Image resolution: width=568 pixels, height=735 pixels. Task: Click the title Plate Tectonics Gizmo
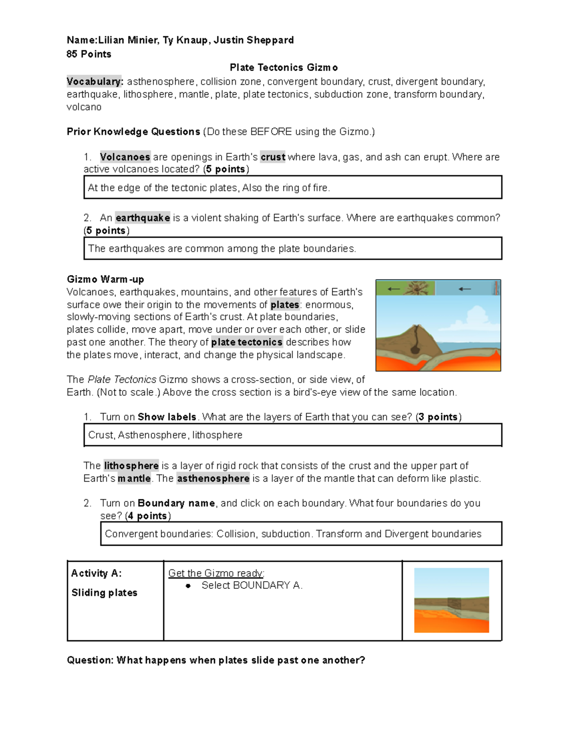284,68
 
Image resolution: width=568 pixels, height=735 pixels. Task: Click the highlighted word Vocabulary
95,81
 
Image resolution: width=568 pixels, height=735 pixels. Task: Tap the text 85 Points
89,54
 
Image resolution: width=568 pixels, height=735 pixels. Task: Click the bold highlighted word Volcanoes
125,157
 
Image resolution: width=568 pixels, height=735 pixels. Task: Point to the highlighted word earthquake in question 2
142,218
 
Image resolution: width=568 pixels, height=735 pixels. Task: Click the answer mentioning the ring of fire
209,188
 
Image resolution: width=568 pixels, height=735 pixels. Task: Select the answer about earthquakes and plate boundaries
222,248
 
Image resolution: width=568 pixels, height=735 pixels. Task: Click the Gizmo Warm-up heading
105,279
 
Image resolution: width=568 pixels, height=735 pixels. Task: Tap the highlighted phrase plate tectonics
247,342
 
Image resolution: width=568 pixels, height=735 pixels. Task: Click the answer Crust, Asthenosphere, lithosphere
165,435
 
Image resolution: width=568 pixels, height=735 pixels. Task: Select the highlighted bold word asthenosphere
213,478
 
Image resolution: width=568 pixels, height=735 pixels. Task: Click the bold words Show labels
167,417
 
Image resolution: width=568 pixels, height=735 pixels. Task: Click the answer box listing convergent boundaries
293,534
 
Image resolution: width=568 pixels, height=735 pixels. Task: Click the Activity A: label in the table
97,574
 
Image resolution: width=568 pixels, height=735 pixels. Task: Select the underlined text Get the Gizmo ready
216,574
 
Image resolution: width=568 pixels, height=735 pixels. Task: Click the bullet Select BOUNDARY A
252,585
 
